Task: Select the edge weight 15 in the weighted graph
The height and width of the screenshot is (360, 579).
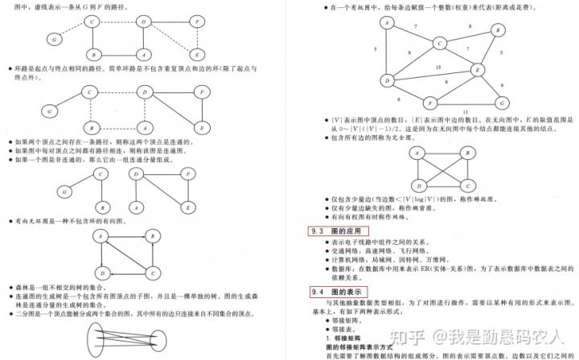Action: (437, 67)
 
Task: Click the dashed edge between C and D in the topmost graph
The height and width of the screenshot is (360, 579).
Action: (118, 21)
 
